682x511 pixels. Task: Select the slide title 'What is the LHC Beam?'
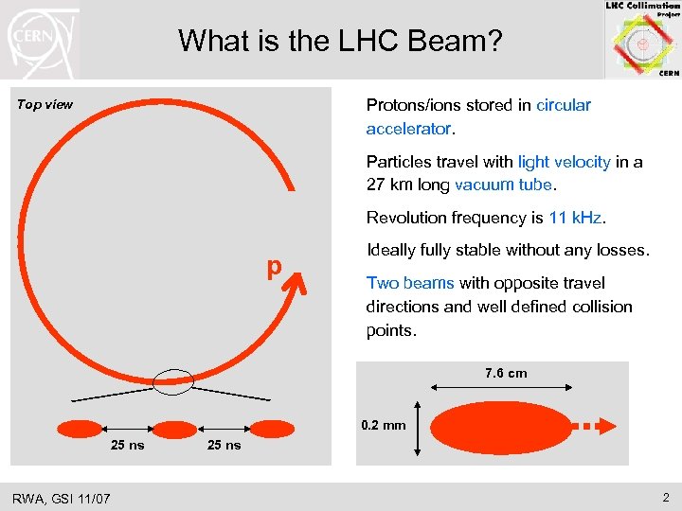pos(341,41)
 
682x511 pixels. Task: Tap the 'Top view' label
pos(45,104)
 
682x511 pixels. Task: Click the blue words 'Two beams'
pos(410,283)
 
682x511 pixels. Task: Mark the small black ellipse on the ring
pos(173,380)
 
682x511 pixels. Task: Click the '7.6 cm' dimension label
pos(506,373)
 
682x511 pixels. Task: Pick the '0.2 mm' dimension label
pos(384,425)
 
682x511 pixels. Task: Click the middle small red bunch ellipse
pos(173,429)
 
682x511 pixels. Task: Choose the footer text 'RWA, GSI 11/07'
pos(62,497)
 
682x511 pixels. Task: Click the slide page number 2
pos(667,497)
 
